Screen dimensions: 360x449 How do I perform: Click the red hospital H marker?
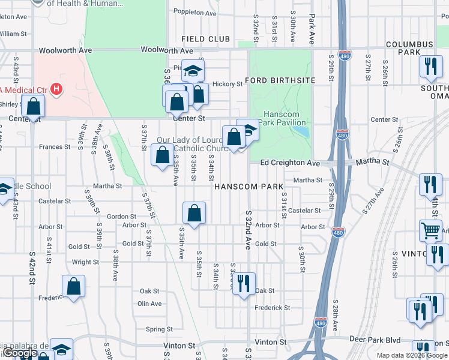56,90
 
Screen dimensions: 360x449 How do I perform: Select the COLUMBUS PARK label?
409,49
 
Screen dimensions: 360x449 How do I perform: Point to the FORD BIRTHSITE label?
280,82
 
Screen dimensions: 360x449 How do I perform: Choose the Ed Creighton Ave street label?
290,163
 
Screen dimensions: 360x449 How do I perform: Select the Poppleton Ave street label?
195,12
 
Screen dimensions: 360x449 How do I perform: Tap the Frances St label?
55,146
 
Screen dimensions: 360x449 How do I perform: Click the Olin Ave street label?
150,304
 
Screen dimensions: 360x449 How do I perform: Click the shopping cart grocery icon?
430,230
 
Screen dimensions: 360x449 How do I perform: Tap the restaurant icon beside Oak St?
243,283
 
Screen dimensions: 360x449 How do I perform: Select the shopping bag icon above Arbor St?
194,213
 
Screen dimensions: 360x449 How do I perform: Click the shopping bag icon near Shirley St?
34,106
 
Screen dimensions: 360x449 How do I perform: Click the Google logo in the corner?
20,353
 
